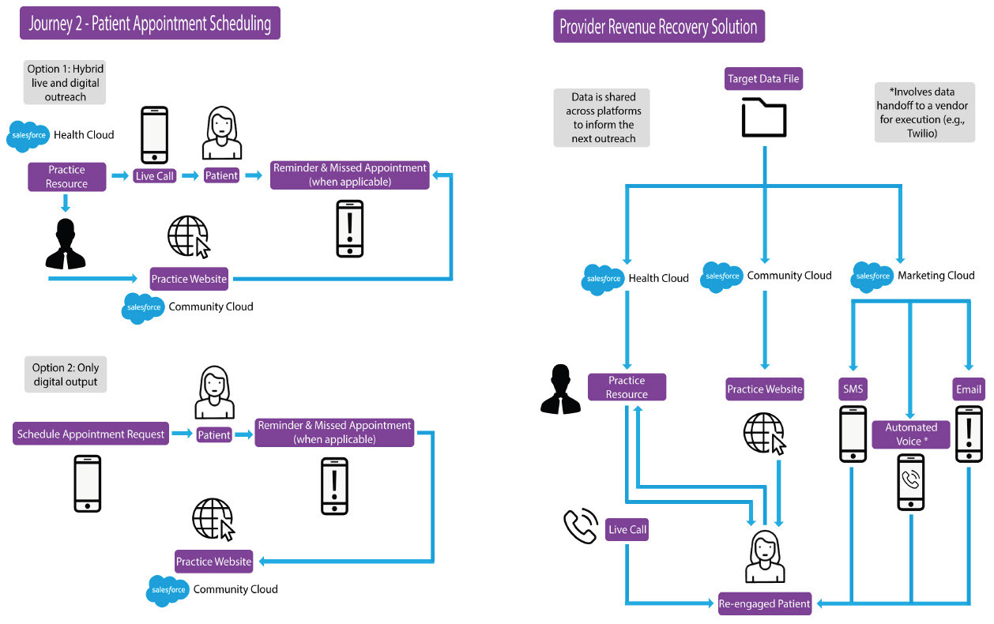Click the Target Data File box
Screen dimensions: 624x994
(x=764, y=79)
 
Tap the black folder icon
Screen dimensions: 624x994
(x=764, y=118)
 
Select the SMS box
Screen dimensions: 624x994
(x=853, y=389)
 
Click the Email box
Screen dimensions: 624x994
(x=969, y=389)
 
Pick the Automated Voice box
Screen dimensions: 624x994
(x=911, y=434)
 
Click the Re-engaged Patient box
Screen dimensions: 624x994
(x=764, y=603)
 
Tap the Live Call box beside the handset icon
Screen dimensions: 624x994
(x=627, y=529)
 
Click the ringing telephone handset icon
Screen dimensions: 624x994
(x=579, y=527)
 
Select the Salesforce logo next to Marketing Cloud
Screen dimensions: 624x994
(x=872, y=276)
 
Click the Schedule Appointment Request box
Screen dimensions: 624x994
(x=91, y=434)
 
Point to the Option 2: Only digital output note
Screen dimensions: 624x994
(x=66, y=374)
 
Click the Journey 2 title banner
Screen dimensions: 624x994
(x=150, y=24)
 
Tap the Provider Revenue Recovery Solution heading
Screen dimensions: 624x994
(x=658, y=27)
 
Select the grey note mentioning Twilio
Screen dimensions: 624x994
(x=924, y=112)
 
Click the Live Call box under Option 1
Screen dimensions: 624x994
(x=155, y=175)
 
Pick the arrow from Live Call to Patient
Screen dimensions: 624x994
(x=190, y=175)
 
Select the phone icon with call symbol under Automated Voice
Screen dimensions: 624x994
(x=910, y=481)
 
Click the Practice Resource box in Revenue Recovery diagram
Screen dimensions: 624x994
(x=627, y=387)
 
